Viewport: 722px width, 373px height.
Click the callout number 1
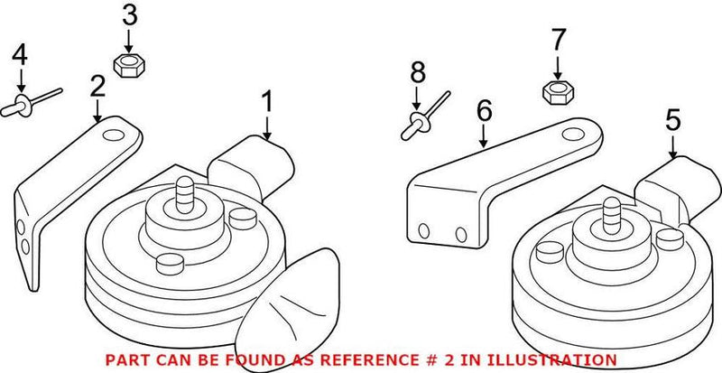tap(266, 102)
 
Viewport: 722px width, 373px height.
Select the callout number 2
tap(97, 87)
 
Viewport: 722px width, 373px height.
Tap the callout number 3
tap(130, 15)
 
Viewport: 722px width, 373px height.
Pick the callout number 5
tap(673, 120)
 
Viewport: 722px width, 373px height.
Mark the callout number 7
tap(558, 41)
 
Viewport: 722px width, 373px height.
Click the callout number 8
tap(416, 71)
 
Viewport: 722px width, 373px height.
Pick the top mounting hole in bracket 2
tap(115, 137)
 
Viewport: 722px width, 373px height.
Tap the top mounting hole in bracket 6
tap(569, 136)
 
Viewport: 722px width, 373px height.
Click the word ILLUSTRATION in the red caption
tap(542, 359)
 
